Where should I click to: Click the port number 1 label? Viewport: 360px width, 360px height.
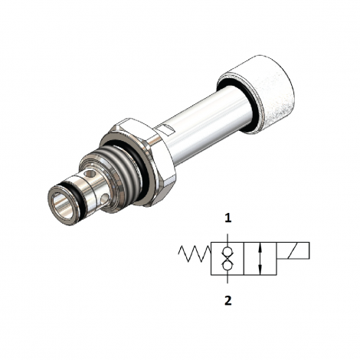227,218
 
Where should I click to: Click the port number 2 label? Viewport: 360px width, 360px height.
227,301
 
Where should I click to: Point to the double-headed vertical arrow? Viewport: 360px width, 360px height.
260,259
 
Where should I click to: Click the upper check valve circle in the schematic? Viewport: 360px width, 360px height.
227,252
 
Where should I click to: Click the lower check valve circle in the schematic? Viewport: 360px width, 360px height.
227,266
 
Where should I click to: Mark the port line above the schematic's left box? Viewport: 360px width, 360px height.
227,234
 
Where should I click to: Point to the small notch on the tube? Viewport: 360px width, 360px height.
165,124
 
